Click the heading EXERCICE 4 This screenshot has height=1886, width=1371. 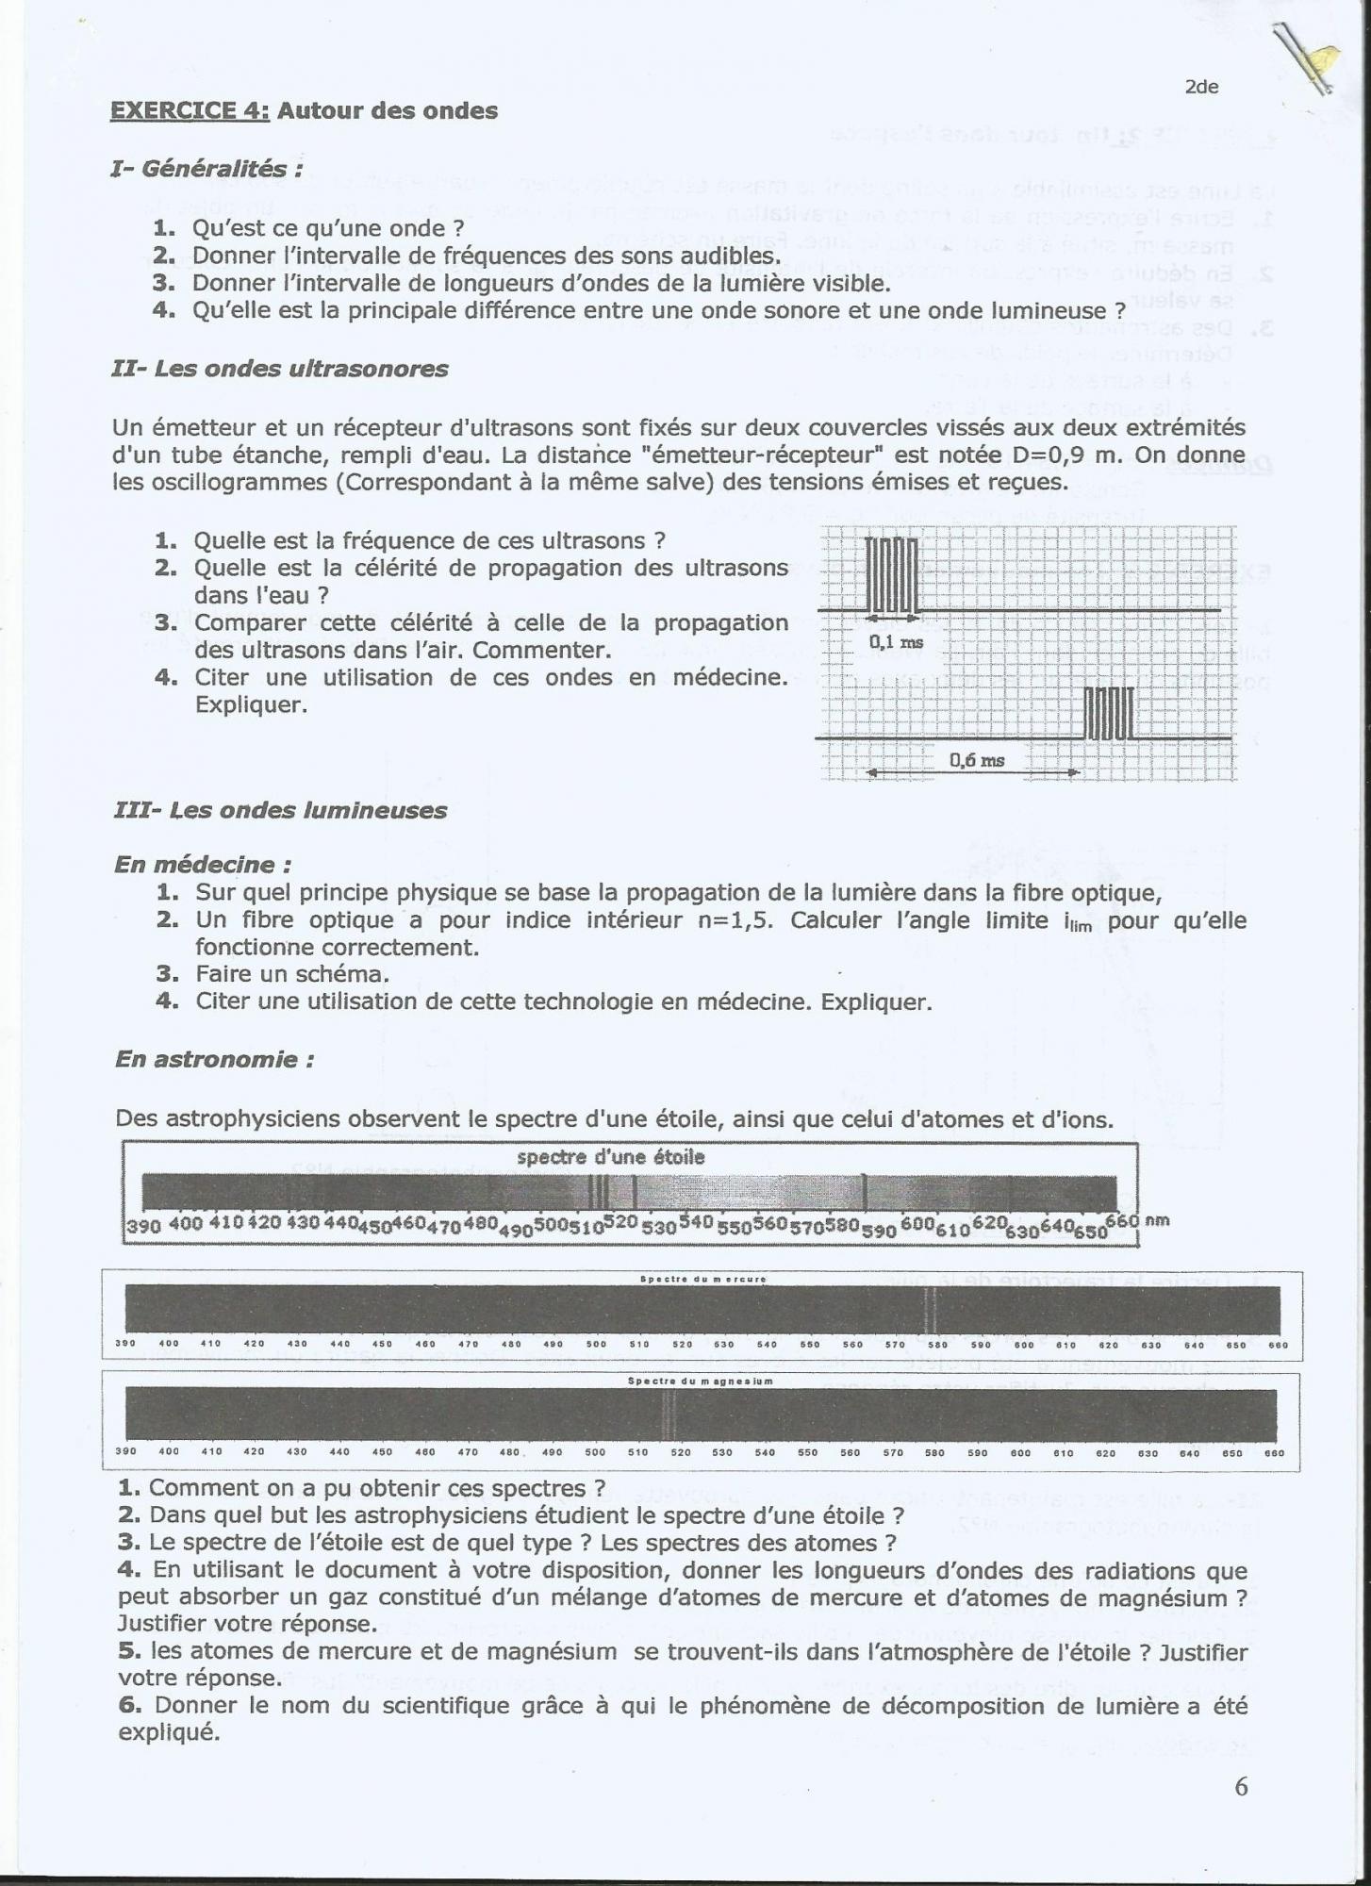(x=190, y=110)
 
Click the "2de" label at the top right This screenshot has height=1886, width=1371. (x=1201, y=87)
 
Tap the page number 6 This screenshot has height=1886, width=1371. (x=1241, y=1786)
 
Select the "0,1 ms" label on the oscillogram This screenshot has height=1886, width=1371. (x=896, y=642)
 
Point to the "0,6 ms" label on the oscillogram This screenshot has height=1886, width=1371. (x=976, y=759)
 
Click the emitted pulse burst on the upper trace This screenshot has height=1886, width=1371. (x=891, y=574)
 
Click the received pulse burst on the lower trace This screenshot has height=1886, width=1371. (x=1108, y=713)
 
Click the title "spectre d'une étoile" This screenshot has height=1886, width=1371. (x=611, y=1157)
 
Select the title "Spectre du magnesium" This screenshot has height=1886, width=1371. (x=701, y=1381)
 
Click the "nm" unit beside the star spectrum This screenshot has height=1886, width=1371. (x=1157, y=1219)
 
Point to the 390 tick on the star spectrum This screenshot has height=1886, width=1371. (x=143, y=1226)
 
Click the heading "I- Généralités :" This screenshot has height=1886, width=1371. (x=206, y=169)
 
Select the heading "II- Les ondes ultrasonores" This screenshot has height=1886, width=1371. (x=279, y=369)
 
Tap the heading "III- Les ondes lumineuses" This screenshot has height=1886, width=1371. (x=280, y=810)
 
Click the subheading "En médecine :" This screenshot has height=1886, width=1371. (x=203, y=864)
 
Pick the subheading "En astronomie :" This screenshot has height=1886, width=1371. (x=214, y=1059)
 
